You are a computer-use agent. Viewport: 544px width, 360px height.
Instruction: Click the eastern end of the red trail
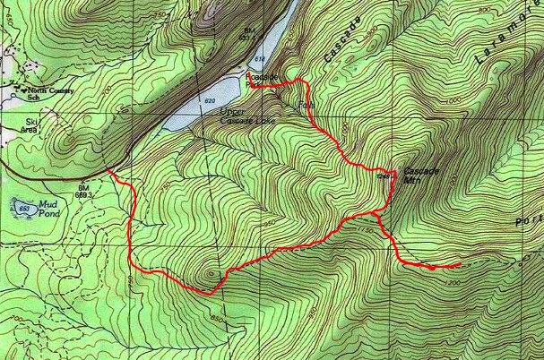[x=459, y=265]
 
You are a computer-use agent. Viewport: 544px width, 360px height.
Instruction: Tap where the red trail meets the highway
[x=109, y=170]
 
